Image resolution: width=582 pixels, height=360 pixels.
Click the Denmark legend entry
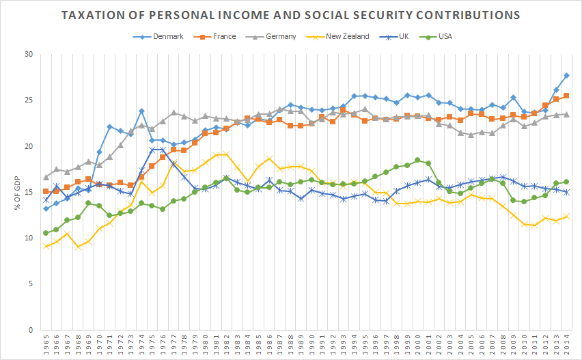[168, 36]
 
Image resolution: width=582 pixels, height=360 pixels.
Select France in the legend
[221, 36]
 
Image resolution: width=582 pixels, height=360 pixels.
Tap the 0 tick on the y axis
[31, 330]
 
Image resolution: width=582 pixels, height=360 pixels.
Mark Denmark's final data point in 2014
[566, 75]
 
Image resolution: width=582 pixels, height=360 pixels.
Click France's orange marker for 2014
[566, 96]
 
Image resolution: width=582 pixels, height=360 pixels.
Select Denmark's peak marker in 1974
[141, 111]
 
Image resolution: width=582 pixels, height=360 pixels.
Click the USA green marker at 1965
[46, 233]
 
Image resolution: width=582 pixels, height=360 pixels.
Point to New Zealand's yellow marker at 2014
[566, 217]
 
